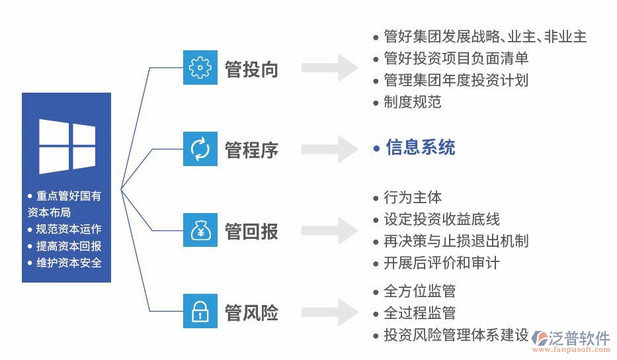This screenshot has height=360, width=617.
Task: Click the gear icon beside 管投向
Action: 200,68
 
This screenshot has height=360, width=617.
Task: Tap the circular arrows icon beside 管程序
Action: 200,148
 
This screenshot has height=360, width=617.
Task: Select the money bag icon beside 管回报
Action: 200,230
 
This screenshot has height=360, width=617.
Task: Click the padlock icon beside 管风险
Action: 200,312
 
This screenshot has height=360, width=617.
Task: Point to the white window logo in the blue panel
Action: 67,146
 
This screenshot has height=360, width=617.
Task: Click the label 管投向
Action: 251,69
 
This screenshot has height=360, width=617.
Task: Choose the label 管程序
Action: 251,150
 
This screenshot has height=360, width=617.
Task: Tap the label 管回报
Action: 251,231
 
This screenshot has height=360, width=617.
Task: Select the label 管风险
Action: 251,312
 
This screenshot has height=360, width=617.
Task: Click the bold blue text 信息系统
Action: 421,147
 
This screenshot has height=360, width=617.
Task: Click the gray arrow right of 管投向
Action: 330,67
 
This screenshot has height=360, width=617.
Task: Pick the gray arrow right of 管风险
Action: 330,312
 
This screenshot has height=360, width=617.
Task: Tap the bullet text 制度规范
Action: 412,102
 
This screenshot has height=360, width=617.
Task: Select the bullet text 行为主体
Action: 413,197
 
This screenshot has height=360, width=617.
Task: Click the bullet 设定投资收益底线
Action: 442,220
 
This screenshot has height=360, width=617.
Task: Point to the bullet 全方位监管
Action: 419,291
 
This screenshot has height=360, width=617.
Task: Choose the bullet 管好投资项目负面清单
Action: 456,58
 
